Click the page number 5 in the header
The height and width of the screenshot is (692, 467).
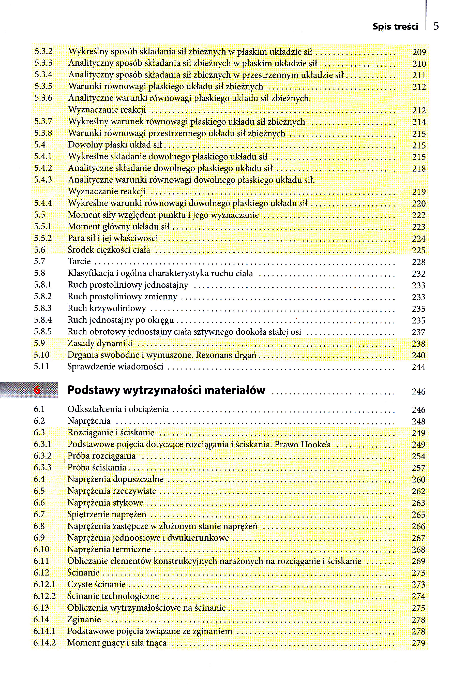436,26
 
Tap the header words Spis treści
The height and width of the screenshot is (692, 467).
395,27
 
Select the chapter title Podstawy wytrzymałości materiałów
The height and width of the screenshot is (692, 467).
166,390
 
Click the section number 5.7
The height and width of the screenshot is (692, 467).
39,261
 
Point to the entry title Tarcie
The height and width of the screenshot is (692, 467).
79,261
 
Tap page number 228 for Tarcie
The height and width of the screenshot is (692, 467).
419,262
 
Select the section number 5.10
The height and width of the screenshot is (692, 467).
41,355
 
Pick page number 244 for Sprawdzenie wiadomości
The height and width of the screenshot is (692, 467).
418,367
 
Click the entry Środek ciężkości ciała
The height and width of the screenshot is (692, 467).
109,250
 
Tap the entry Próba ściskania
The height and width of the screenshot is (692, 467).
97,467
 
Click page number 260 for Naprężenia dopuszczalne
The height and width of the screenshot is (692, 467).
418,480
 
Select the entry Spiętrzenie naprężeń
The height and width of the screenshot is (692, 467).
107,514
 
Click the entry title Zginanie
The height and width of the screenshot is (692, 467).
84,619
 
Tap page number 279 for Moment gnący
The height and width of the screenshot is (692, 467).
418,643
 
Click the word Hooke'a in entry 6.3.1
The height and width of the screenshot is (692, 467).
315,444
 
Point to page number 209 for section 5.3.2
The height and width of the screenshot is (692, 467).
419,52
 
